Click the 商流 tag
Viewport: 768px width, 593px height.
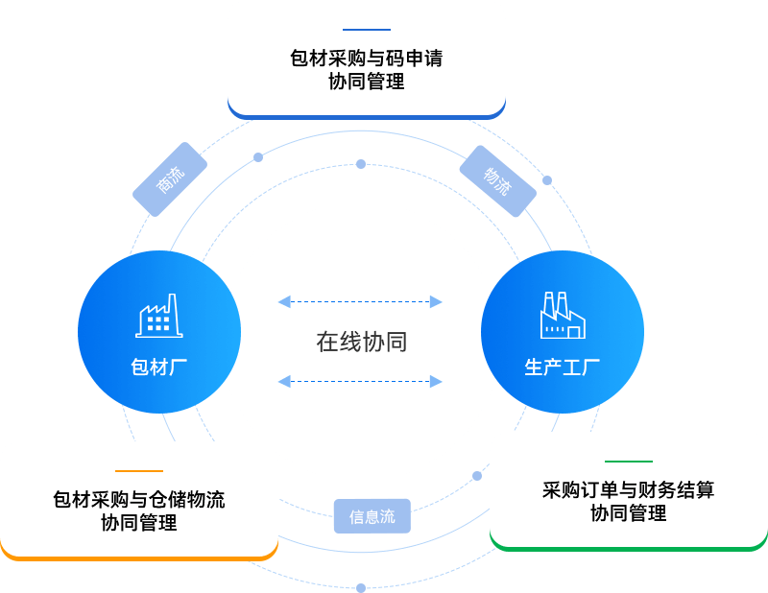(x=170, y=179)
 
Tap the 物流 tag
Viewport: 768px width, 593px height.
(x=497, y=180)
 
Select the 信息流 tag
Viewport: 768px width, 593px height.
(x=372, y=516)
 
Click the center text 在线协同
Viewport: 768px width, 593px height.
(x=362, y=342)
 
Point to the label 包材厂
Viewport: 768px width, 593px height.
(x=158, y=367)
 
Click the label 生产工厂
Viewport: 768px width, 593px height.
(x=562, y=367)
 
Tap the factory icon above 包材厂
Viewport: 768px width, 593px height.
(x=159, y=316)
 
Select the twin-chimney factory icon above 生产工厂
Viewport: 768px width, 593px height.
(x=562, y=316)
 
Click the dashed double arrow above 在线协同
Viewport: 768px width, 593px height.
(x=360, y=302)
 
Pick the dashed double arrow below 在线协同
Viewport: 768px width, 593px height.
(x=360, y=382)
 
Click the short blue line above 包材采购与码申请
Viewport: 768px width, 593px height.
(x=367, y=30)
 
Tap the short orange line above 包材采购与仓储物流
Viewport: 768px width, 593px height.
(x=139, y=471)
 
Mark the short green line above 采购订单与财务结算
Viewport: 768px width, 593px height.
(x=629, y=462)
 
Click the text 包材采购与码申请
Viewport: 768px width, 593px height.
(x=367, y=58)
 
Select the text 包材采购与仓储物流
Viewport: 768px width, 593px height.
(x=139, y=499)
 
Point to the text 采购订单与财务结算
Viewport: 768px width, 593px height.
(x=629, y=490)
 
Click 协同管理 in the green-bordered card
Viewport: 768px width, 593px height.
(x=629, y=514)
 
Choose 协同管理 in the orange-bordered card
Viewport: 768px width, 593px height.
(x=139, y=524)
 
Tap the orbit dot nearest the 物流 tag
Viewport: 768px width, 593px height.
(x=547, y=180)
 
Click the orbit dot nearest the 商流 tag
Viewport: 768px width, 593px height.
(x=257, y=157)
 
